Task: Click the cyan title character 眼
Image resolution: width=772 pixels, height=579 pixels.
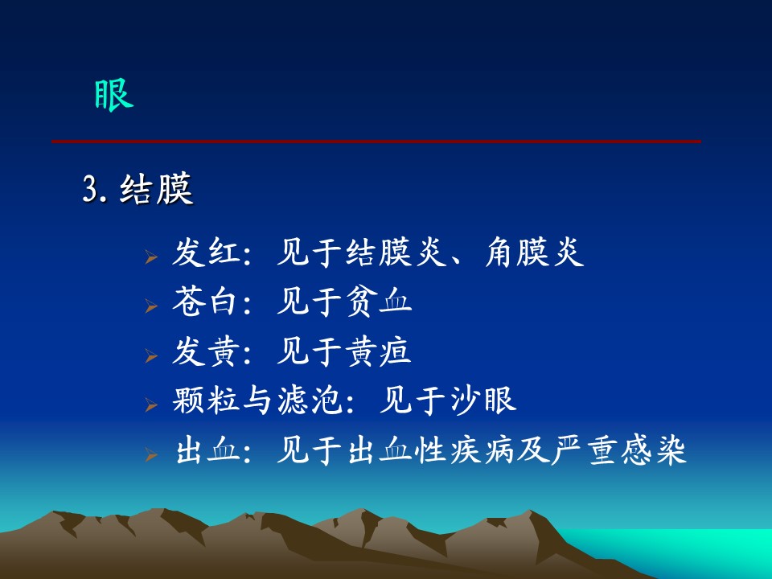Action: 113,96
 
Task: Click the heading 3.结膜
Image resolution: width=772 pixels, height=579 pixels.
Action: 138,188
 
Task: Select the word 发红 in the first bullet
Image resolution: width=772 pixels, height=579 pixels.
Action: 205,253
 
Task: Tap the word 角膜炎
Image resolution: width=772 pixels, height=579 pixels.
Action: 535,253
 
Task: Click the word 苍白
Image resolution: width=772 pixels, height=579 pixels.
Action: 205,302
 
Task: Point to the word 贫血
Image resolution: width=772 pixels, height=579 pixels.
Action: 378,302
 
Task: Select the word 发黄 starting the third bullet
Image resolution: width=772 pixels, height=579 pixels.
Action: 205,351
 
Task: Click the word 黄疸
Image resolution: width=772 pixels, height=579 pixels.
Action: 378,351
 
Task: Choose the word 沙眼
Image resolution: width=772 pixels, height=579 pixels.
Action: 482,400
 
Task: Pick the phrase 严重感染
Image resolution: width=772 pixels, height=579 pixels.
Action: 619,450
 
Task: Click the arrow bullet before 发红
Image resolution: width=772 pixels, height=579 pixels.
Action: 151,257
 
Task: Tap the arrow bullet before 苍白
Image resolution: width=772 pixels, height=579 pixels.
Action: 151,306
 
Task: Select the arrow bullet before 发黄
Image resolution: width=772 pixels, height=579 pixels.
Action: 151,355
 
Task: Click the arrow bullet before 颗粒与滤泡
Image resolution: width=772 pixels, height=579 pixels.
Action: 151,404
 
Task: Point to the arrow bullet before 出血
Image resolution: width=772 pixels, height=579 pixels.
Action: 151,454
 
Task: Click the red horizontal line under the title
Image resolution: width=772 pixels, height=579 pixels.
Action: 376,142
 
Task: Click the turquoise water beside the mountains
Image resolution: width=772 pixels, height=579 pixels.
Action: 689,547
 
